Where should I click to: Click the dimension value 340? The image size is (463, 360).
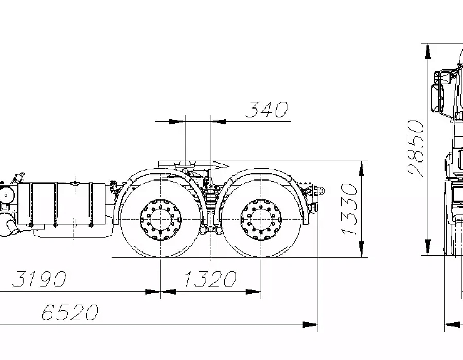[266, 110]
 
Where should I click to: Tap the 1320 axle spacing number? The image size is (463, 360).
[210, 279]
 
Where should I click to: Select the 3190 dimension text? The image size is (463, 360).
[39, 279]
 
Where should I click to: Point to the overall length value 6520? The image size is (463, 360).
[69, 313]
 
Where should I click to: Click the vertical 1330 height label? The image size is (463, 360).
[349, 209]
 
